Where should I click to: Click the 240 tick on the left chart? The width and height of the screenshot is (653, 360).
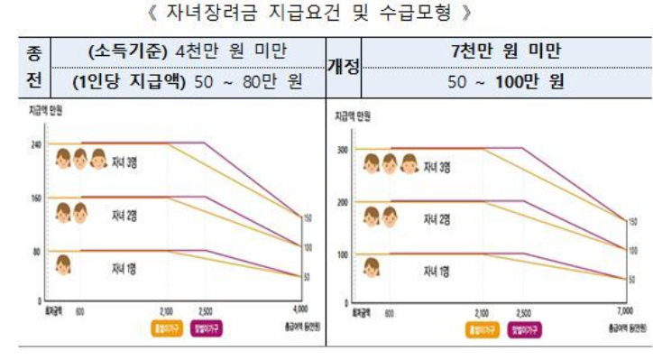(37, 143)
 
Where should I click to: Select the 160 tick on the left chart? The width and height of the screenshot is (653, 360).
(37, 197)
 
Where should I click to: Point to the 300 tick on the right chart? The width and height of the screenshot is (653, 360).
(342, 149)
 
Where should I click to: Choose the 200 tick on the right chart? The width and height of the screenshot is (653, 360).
(342, 202)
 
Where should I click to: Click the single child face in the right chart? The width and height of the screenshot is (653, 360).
(371, 268)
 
